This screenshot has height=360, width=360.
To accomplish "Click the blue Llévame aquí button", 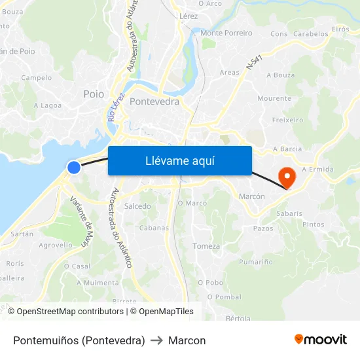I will tap(179, 160).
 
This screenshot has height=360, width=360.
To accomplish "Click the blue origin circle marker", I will tap(74, 168).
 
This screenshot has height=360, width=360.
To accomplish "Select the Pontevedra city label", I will tap(154, 101).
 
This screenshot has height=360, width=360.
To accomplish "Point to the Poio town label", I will tap(94, 94).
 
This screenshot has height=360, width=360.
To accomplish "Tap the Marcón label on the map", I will tap(252, 196).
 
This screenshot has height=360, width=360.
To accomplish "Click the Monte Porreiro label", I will tap(226, 33).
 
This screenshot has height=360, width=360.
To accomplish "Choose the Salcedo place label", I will tap(137, 206).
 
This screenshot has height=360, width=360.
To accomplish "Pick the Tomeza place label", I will tap(207, 246).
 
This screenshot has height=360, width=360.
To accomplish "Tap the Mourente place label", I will tap(274, 98).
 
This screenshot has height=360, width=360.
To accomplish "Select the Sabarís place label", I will tap(289, 213).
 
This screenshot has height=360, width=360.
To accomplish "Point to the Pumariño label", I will tap(256, 262).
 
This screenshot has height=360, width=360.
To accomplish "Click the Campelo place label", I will tap(36, 77).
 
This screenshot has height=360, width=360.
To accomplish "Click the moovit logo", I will tap(321, 340).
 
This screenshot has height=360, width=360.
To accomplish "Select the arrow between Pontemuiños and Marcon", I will tap(156, 340).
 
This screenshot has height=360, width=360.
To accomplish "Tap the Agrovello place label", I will tap(56, 245).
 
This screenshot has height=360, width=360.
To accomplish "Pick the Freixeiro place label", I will tap(287, 120).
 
